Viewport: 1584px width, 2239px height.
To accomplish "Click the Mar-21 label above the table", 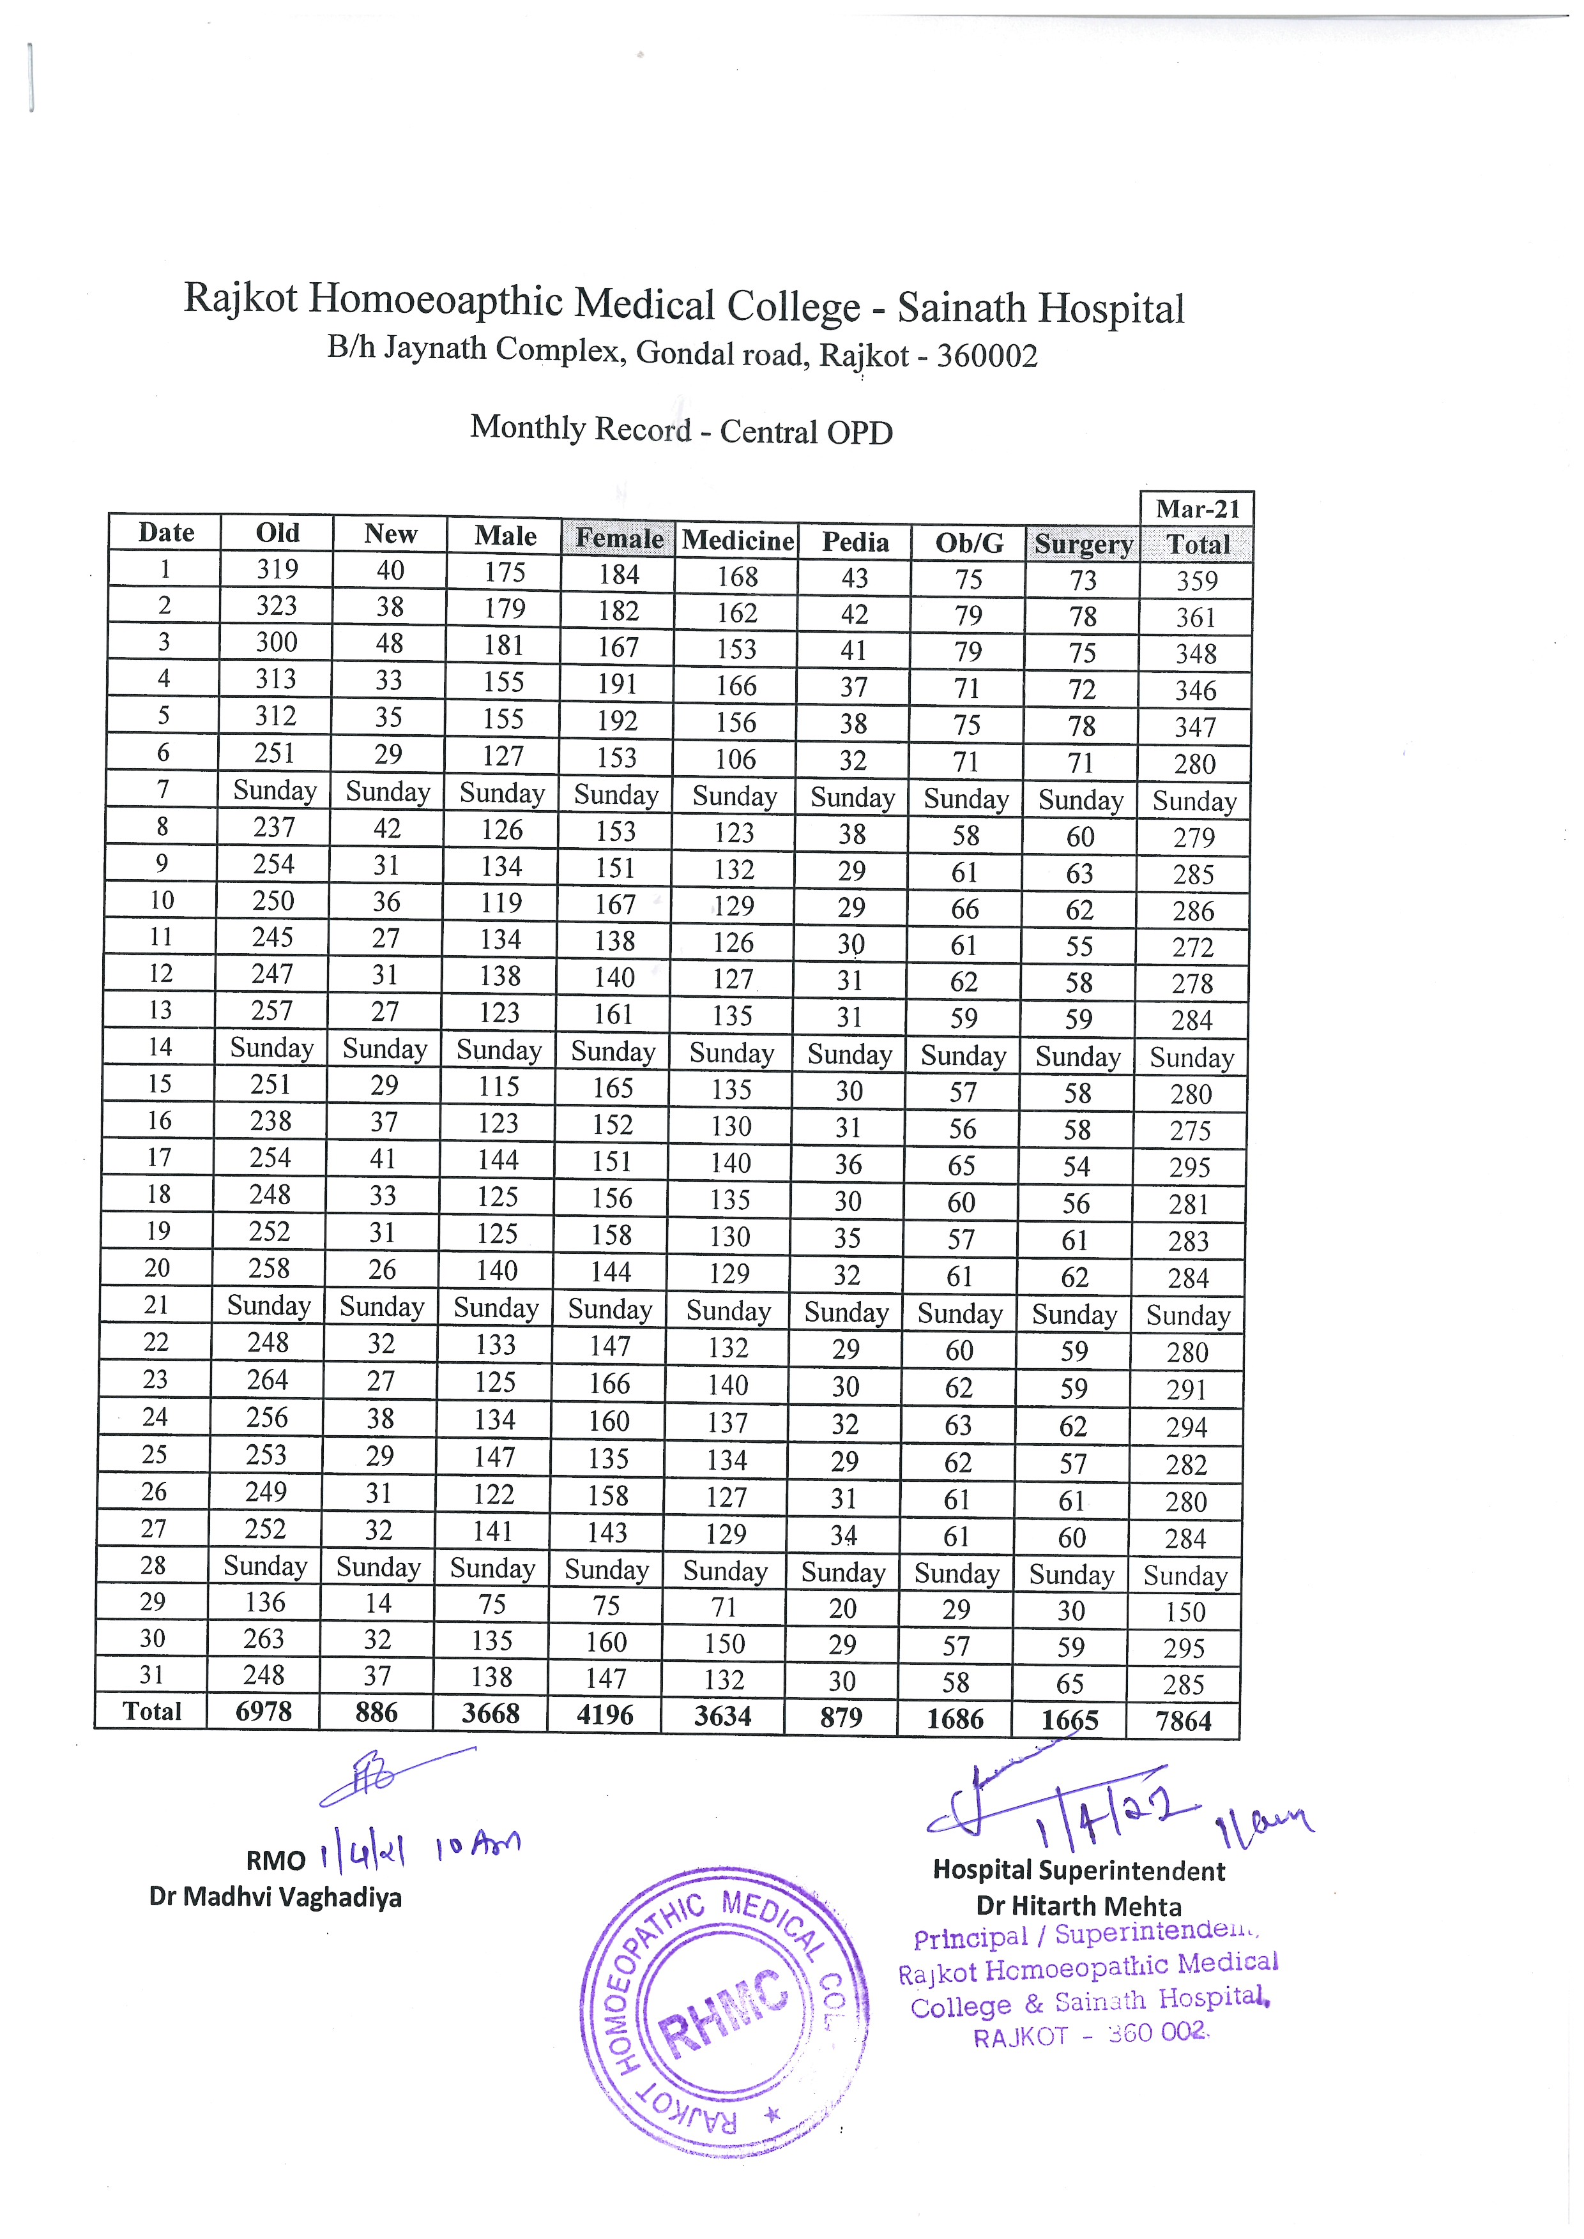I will coord(1197,509).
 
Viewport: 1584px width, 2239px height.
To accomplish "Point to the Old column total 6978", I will coord(263,1712).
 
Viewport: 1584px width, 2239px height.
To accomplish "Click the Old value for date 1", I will coord(278,569).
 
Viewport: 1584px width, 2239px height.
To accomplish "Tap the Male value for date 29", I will coord(492,1605).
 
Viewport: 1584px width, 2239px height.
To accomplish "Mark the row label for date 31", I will coord(151,1675).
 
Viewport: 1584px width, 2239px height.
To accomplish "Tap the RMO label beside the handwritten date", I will coord(275,1860).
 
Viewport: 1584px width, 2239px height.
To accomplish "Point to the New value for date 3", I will coord(389,644).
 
